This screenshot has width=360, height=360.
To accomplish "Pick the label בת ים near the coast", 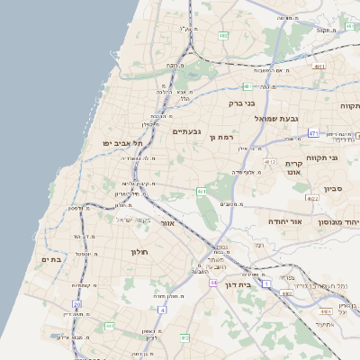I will coord(50,259).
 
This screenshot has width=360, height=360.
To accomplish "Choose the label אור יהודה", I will coord(287,220).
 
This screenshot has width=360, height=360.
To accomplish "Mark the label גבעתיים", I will coord(185,131).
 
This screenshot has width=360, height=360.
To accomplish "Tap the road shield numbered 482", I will coord(222,36).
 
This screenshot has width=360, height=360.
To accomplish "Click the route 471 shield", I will coord(313,133).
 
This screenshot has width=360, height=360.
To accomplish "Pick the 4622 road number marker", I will coord(313,198).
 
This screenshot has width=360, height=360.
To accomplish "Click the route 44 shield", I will coord(213,283).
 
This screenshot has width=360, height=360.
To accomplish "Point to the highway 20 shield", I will coord(78,304).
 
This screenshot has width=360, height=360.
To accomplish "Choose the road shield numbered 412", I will coord(184,337).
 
